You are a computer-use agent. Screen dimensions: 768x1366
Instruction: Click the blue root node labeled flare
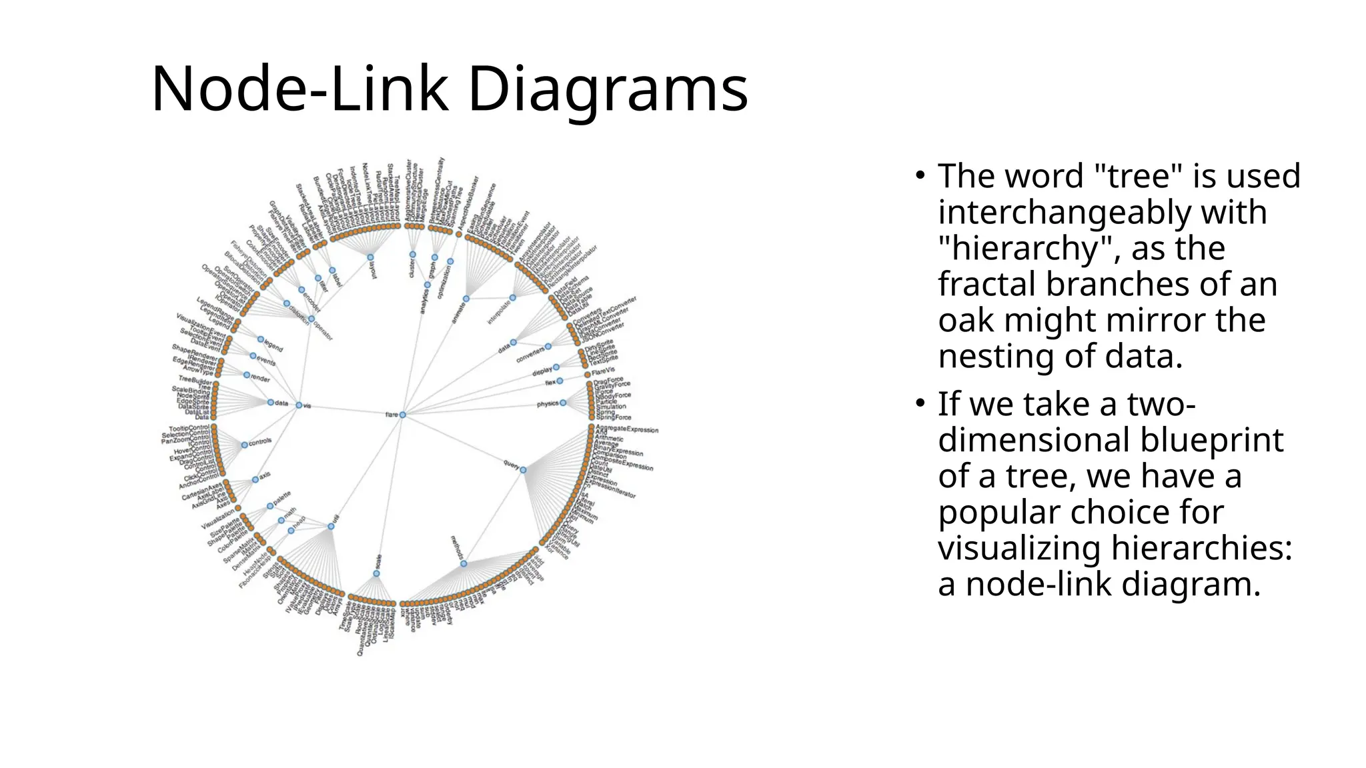click(x=402, y=415)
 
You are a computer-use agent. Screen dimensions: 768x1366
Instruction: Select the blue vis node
click(x=299, y=405)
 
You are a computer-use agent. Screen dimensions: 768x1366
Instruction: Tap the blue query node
click(x=523, y=470)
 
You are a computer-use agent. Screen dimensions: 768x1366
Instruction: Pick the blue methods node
click(x=464, y=564)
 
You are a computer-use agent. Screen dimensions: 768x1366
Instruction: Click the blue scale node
click(x=376, y=573)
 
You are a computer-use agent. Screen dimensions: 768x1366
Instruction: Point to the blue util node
click(x=331, y=527)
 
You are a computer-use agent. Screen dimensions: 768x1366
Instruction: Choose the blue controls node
click(x=245, y=445)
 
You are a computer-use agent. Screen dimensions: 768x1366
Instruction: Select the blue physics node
click(x=563, y=403)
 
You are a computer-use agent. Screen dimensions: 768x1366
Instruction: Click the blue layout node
click(x=370, y=257)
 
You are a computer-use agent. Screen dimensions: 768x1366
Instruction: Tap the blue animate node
click(x=466, y=299)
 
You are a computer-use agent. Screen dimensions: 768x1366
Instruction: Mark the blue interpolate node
click(x=512, y=298)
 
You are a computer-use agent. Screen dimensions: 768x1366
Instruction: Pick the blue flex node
click(x=560, y=381)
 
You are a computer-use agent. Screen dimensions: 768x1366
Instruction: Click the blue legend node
click(x=261, y=339)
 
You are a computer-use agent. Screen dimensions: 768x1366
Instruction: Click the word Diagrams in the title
click(x=608, y=89)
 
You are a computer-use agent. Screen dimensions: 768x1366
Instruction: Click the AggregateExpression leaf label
click(x=627, y=429)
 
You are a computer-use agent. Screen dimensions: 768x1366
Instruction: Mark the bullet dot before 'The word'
click(x=920, y=176)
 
